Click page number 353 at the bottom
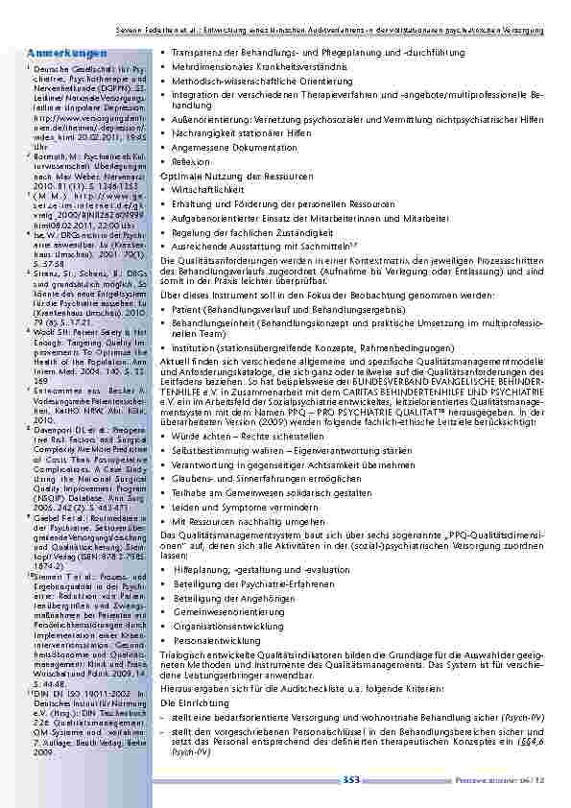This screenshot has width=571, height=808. click(x=351, y=780)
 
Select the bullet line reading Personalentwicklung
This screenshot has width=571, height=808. click(x=215, y=639)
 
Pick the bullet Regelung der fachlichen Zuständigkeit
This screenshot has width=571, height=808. click(x=250, y=231)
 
